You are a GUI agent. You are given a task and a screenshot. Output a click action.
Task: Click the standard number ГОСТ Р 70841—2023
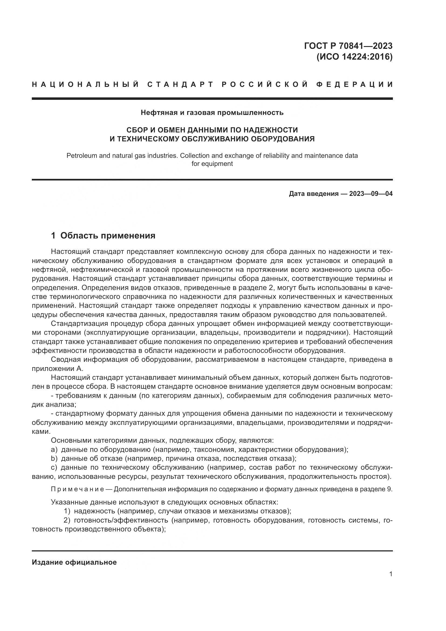tap(348, 46)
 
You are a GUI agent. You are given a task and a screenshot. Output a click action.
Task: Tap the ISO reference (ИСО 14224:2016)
tap(355, 57)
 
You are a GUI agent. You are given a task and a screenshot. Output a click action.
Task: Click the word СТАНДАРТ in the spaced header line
tap(180, 84)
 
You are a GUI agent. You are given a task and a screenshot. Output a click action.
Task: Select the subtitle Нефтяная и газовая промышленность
tap(212, 112)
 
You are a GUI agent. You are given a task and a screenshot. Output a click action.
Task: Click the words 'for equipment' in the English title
tap(212, 164)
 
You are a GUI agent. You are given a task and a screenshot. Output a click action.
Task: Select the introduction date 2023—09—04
tap(371, 194)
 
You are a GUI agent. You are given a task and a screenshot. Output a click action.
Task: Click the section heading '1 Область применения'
tap(103, 236)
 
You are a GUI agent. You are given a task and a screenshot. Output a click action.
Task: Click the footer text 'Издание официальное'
tap(74, 562)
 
